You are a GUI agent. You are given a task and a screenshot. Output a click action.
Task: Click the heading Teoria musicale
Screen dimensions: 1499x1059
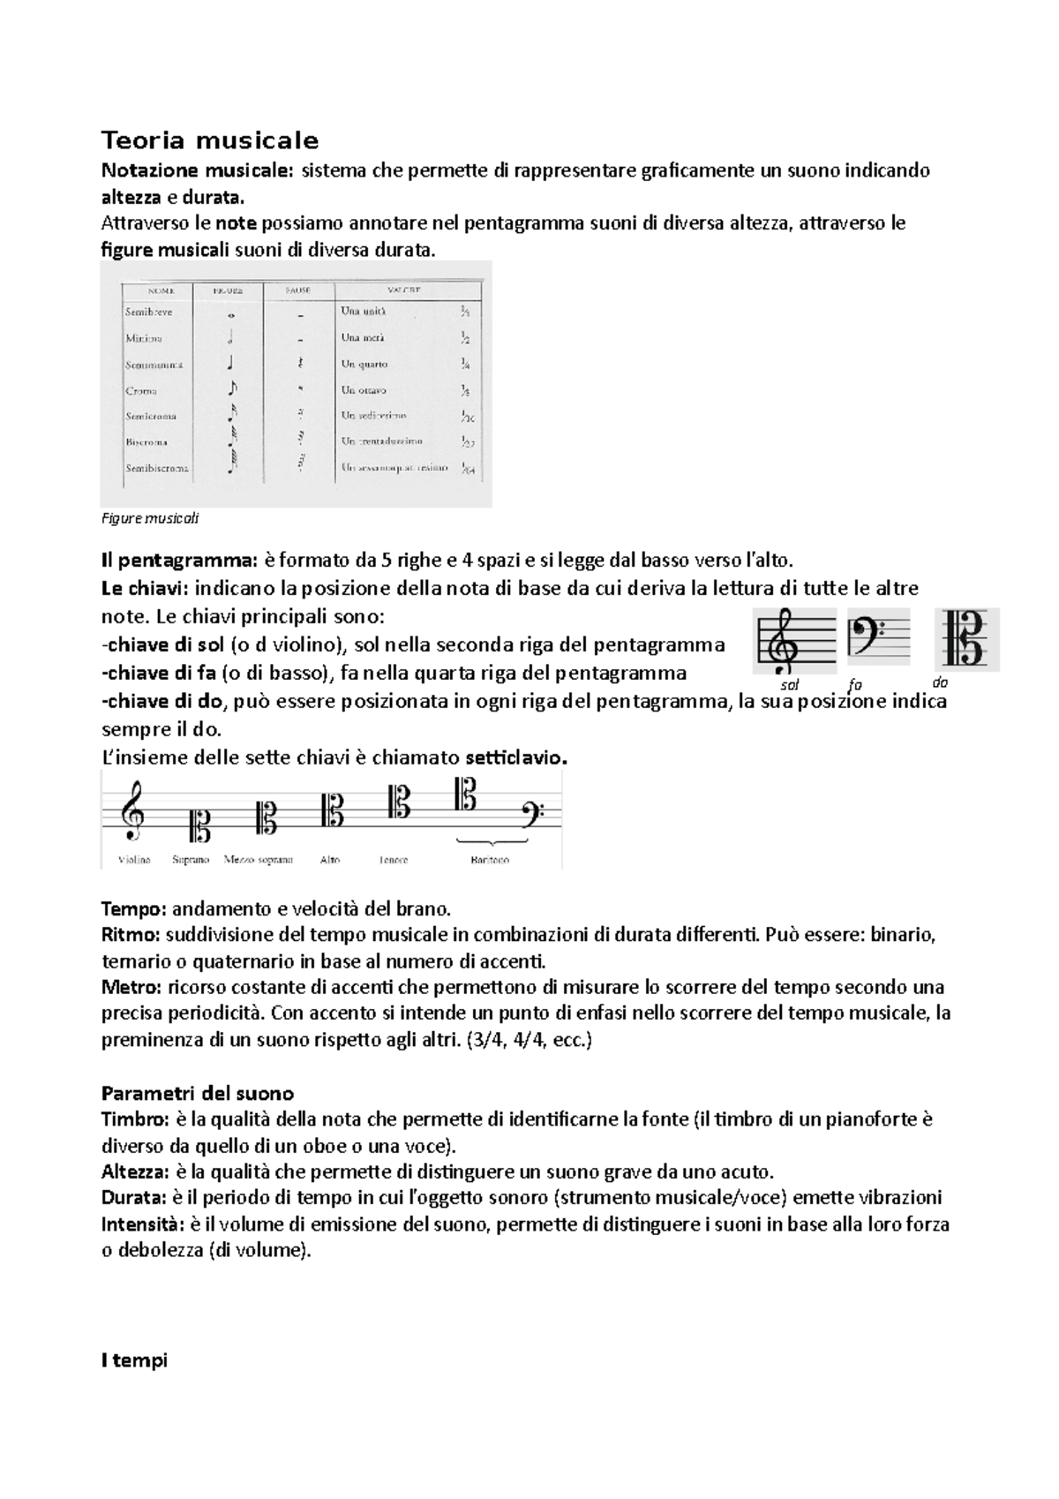tap(210, 140)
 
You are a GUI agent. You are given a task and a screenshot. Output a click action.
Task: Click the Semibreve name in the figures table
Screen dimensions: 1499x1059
tap(148, 312)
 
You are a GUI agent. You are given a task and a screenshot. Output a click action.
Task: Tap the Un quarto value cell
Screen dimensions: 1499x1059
tap(364, 364)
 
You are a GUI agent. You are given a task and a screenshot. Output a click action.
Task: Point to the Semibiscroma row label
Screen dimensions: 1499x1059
tap(157, 468)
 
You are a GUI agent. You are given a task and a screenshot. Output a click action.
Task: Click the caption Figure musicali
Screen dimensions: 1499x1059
tap(150, 519)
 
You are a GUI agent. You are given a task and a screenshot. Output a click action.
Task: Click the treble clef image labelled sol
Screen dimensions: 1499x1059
tap(793, 637)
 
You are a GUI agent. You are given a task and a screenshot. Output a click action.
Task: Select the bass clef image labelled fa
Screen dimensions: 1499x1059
tap(878, 636)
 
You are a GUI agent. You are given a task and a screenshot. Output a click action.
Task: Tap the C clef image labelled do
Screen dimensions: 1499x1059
tap(966, 638)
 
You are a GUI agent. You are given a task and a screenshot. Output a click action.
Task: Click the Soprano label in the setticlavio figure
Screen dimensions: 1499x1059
tap(191, 859)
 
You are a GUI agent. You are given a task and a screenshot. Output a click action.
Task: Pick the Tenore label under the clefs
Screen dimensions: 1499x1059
tap(394, 859)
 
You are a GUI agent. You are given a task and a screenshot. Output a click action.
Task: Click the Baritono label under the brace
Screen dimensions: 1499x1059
tap(490, 859)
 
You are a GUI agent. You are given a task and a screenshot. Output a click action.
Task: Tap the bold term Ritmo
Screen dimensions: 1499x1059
tap(131, 934)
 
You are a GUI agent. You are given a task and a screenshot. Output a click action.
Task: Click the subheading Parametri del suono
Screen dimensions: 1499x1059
tap(198, 1092)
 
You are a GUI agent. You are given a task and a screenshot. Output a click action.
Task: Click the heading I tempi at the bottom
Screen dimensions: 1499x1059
tap(134, 1360)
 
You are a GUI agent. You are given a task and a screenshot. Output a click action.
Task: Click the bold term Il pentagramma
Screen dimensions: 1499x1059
tap(179, 560)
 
